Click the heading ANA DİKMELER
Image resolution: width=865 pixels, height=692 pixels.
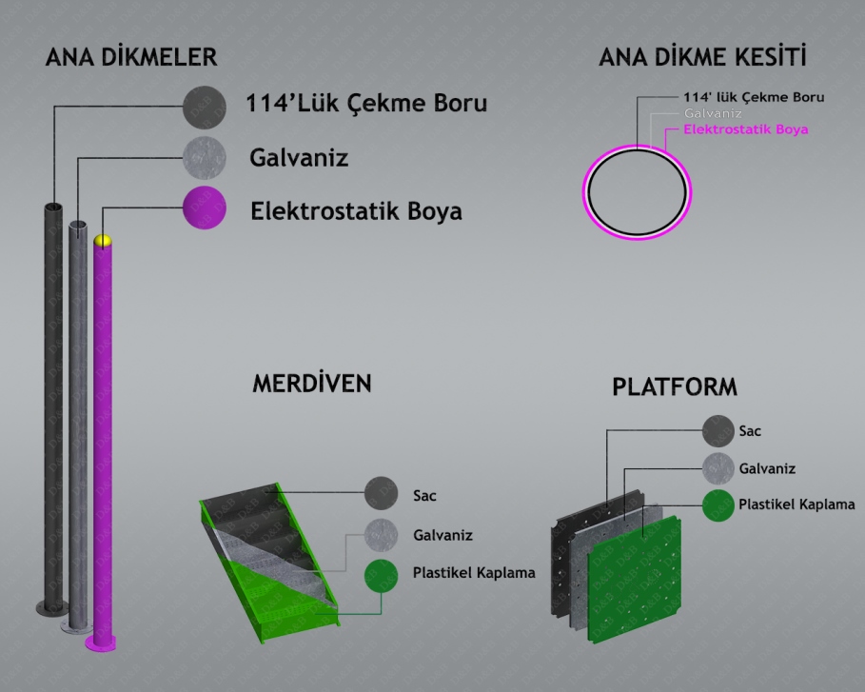point(132,57)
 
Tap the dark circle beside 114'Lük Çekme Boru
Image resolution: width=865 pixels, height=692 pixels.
point(204,105)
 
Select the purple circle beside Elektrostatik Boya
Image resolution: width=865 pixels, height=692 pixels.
point(204,208)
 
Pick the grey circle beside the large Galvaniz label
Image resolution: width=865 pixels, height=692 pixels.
point(204,157)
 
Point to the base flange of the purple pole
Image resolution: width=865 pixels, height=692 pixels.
point(103,643)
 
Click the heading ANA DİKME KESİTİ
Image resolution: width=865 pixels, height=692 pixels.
point(702,57)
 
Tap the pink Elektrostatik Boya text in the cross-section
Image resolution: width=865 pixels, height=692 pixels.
point(746,129)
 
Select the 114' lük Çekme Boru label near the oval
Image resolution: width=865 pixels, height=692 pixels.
point(754,97)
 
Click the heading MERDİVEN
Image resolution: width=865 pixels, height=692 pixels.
point(311,384)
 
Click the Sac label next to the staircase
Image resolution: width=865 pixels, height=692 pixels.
point(424,495)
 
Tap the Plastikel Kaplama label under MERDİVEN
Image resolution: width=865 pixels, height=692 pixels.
point(474,573)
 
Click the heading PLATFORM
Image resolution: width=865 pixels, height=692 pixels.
point(675,387)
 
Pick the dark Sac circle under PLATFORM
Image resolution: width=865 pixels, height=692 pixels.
point(718,431)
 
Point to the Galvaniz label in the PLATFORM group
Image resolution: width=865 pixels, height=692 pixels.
point(767,468)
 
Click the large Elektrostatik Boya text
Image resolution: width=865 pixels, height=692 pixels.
point(356,210)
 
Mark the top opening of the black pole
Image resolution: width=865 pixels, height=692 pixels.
point(51,207)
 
